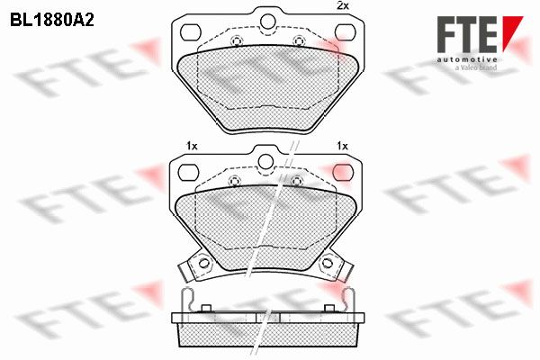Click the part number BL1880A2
52,21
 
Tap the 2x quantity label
342,6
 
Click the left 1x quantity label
192,146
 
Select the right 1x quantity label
342,146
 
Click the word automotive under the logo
467,59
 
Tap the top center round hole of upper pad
268,22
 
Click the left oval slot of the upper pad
191,32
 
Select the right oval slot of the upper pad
345,32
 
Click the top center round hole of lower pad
265,162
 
